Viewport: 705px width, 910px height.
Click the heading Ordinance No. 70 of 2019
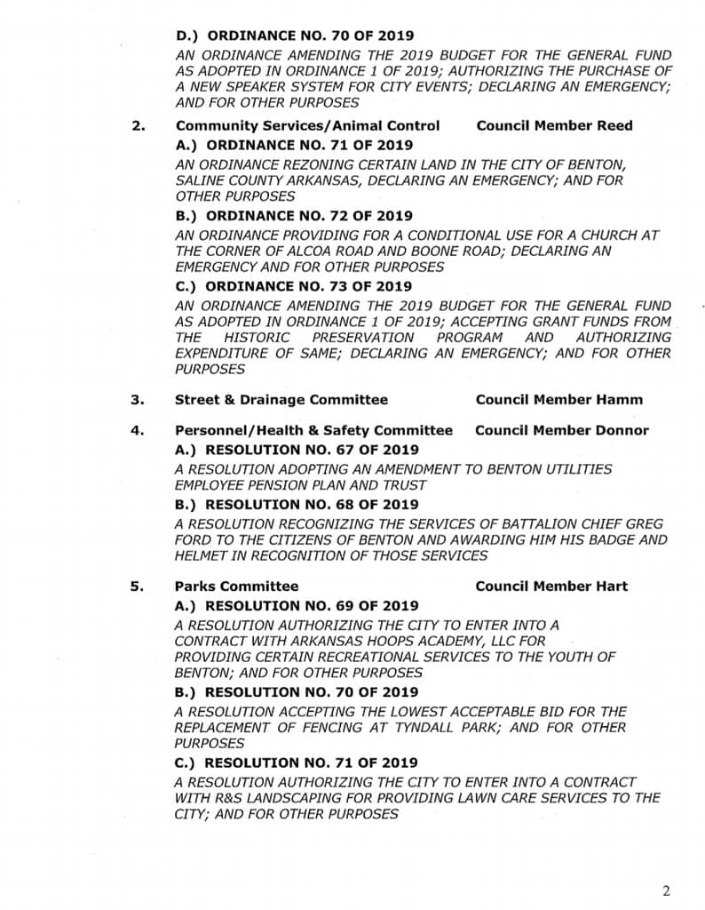point(295,36)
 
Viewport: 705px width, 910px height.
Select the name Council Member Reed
point(554,125)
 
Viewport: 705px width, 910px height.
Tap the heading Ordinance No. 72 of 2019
point(294,216)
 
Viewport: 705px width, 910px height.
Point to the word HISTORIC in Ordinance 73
point(257,338)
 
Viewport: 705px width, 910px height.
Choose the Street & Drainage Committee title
point(281,400)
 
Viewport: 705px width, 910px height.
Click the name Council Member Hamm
point(558,400)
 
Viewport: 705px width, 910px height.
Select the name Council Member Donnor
point(561,431)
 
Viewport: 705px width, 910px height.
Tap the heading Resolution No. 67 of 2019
point(297,451)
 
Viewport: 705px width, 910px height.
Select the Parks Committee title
point(236,587)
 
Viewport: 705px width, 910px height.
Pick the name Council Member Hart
point(551,587)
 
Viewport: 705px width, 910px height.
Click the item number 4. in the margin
point(138,431)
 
